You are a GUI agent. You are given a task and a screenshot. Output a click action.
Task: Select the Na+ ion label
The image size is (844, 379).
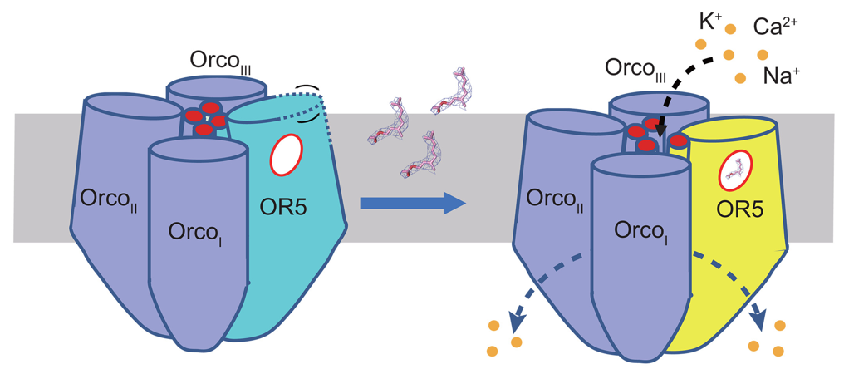pyautogui.click(x=780, y=78)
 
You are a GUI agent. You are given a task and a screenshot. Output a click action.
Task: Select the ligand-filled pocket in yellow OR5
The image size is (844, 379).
pyautogui.click(x=734, y=172)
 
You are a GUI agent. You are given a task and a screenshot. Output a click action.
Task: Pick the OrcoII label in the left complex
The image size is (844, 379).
pyautogui.click(x=107, y=199)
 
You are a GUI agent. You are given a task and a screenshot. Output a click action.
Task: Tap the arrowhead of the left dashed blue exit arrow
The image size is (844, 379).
pyautogui.click(x=516, y=316)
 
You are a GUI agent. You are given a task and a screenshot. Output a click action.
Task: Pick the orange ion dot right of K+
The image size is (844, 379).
pyautogui.click(x=731, y=29)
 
